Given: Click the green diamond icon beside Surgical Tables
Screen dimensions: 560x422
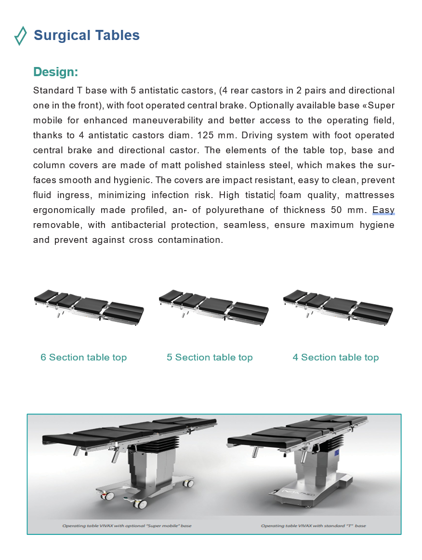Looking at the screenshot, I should (x=20, y=36).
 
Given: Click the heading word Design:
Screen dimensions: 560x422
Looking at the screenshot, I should (x=55, y=72).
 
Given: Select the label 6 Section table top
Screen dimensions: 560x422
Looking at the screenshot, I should (x=83, y=358).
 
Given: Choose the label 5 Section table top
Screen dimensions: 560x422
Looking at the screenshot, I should (x=210, y=358).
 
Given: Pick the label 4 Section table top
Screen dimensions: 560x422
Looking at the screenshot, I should (x=335, y=358).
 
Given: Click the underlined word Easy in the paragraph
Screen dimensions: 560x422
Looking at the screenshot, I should (x=383, y=210).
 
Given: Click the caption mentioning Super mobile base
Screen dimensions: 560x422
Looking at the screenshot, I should (x=127, y=526).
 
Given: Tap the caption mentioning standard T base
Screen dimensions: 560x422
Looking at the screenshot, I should (x=313, y=526).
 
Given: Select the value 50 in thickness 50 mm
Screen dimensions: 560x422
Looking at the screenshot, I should (x=337, y=210).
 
